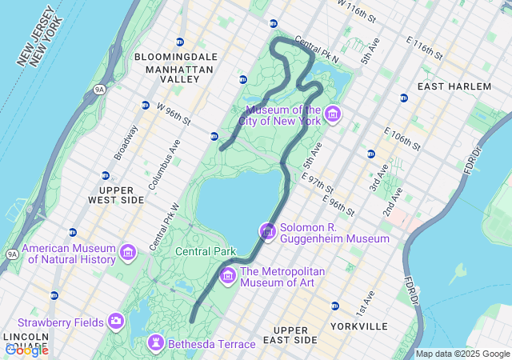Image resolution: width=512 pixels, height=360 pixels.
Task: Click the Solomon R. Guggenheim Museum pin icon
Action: [267, 232]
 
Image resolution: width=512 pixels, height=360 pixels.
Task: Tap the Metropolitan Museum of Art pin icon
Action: [228, 276]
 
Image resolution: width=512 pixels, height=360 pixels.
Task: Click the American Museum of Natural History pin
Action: [127, 254]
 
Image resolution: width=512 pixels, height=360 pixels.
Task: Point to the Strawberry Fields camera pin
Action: [117, 322]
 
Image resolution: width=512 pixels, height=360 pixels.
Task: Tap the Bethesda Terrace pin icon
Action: [155, 344]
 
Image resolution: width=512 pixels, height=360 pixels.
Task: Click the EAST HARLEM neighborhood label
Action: [454, 86]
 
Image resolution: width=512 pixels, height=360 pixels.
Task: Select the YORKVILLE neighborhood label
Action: [359, 326]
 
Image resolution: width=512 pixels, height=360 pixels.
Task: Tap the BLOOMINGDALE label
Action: [176, 58]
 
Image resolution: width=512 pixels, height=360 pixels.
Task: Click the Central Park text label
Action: [206, 251]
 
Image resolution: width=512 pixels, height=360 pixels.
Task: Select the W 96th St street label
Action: [174, 115]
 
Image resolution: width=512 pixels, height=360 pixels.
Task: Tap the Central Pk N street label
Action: [317, 50]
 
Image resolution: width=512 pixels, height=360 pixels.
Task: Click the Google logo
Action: [26, 350]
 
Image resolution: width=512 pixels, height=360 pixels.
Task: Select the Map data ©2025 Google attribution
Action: [462, 354]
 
